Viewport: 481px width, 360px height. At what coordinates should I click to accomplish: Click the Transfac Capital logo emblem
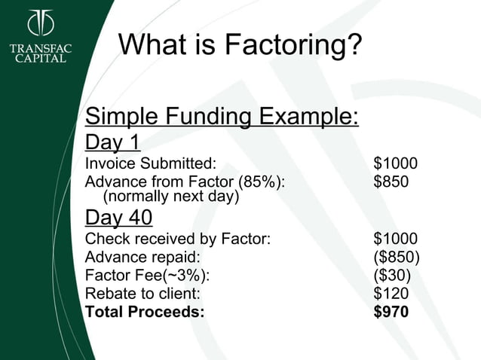(41, 23)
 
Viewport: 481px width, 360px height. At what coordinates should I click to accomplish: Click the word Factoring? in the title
(296, 47)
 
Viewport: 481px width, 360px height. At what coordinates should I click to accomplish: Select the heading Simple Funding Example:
(221, 117)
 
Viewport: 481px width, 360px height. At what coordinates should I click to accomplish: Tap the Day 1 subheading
(113, 142)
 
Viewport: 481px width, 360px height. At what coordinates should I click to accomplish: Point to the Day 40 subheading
(119, 218)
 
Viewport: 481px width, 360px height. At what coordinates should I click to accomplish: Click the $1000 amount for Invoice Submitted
(395, 163)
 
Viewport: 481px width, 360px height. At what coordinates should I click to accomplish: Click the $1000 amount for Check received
(395, 240)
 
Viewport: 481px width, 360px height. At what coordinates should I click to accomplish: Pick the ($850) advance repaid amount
(397, 258)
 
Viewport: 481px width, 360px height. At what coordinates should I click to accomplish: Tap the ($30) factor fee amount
(392, 276)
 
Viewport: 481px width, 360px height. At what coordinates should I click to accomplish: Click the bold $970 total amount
(391, 311)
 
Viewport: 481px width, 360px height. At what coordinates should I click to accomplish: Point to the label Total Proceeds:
(145, 311)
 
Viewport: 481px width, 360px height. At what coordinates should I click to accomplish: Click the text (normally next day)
(170, 197)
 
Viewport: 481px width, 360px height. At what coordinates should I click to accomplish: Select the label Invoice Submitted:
(151, 163)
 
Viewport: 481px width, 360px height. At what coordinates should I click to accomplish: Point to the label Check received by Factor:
(178, 240)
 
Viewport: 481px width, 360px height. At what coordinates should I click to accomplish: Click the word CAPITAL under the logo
(41, 58)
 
